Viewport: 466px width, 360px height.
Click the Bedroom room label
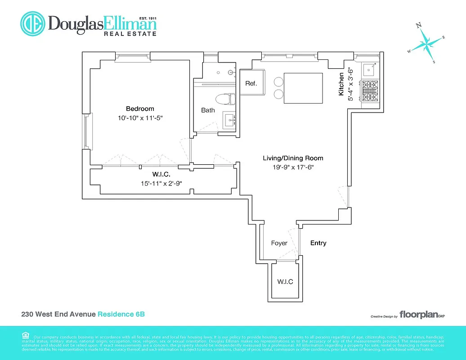tap(140, 108)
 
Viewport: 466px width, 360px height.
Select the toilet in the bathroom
tap(225, 99)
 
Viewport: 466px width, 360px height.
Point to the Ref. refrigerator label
tap(251, 84)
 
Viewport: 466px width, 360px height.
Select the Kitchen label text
tap(341, 84)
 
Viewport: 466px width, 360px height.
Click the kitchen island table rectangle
tap(303, 88)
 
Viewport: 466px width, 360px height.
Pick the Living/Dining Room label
tap(293, 158)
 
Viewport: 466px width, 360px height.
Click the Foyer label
tap(279, 243)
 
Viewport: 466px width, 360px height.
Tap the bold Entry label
tap(318, 243)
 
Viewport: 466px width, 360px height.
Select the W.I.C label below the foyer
tap(285, 282)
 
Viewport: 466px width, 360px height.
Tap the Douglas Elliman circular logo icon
tap(32, 23)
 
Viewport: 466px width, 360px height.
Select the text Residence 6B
tap(121, 314)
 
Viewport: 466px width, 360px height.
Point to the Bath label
tap(208, 110)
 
